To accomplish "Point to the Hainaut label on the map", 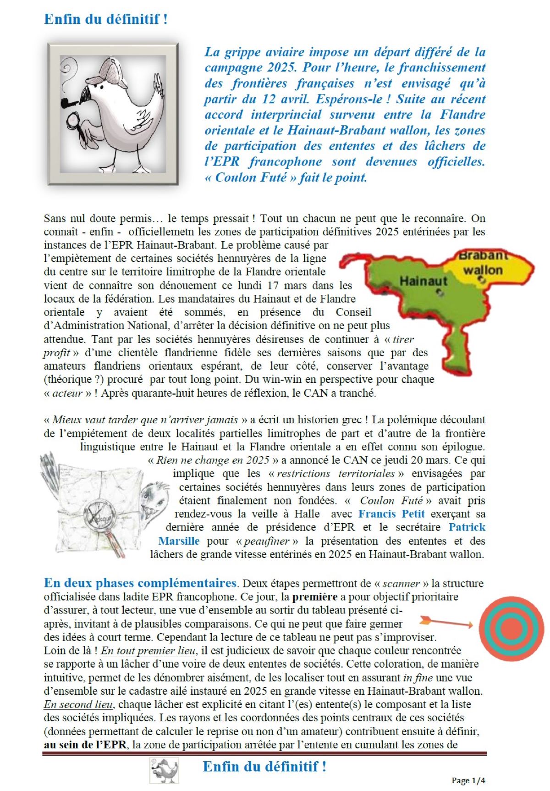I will (x=423, y=280).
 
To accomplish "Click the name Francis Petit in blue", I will (x=391, y=514).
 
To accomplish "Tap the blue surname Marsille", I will (x=179, y=541).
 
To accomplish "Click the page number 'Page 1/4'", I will (x=468, y=780).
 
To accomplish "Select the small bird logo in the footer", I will (x=164, y=770).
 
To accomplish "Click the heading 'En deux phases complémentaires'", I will (x=140, y=583).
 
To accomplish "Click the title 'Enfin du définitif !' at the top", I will (x=106, y=19).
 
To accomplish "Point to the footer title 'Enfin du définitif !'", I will (x=264, y=766).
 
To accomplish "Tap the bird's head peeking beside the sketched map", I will (x=154, y=498).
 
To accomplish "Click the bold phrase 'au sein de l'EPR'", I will (x=85, y=744).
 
